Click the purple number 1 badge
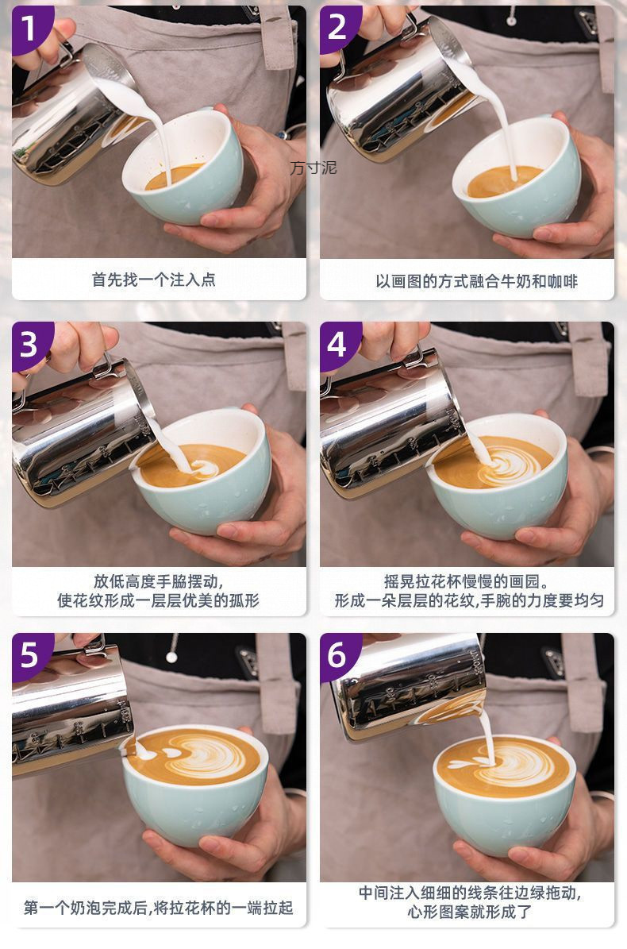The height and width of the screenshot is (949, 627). coord(31,29)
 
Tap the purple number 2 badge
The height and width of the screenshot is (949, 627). coord(339,28)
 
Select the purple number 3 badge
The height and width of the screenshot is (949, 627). coord(31,345)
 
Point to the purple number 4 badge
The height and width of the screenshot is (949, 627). coord(339,345)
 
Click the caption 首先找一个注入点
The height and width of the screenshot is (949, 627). coord(154,280)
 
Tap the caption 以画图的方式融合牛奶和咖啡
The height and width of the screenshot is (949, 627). coord(476,281)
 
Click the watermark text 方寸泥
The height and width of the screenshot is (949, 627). coord(313,168)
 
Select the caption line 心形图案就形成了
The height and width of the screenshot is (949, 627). coord(469,912)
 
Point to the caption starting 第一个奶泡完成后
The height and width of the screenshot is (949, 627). coord(159,908)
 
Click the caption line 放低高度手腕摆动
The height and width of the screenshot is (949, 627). coord(159,581)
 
